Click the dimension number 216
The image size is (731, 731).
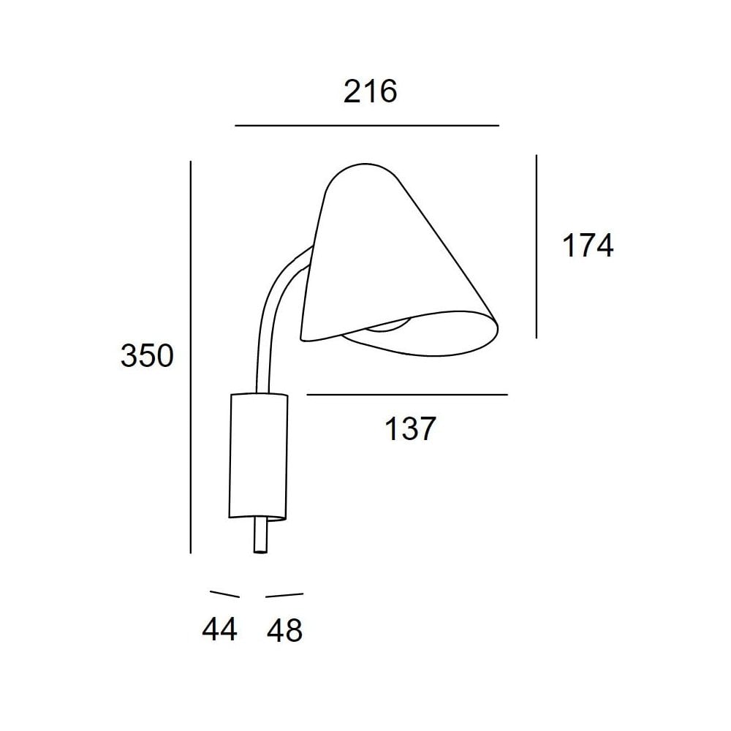(370, 92)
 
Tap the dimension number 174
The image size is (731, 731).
(587, 246)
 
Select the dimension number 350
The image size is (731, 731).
(146, 356)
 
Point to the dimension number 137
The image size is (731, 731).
(410, 429)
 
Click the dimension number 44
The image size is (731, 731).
(220, 629)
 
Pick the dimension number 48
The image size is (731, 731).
(284, 629)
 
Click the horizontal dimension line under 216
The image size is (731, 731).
(365, 126)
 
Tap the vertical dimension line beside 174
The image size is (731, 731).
(537, 246)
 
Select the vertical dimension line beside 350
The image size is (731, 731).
(190, 356)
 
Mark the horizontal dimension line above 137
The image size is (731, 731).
(406, 395)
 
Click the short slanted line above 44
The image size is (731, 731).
(224, 594)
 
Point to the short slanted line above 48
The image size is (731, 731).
(284, 594)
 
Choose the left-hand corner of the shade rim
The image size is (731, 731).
(303, 337)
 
